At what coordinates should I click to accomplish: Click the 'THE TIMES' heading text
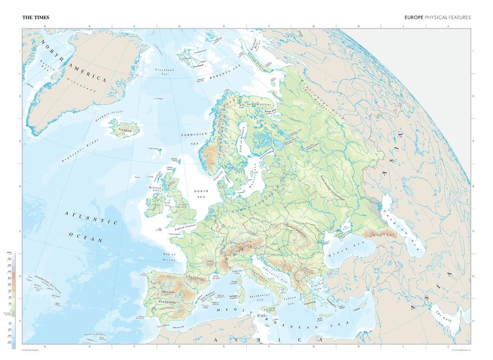tap(36, 18)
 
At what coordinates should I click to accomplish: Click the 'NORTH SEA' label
tap(201, 194)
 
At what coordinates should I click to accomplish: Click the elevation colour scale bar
tap(13, 300)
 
